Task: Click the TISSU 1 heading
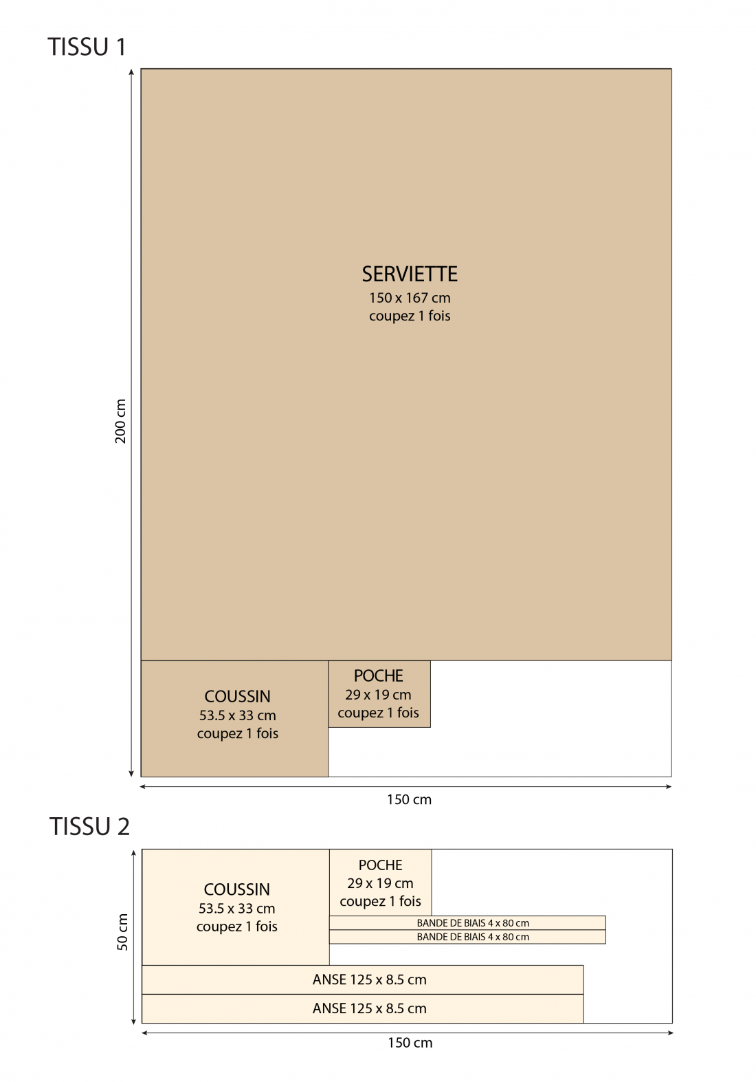(x=87, y=47)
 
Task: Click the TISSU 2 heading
(x=90, y=827)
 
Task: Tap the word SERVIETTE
(x=410, y=274)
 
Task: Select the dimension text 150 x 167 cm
(x=410, y=298)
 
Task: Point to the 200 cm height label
(x=120, y=421)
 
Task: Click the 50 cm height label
(x=122, y=932)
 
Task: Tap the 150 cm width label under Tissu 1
(x=409, y=800)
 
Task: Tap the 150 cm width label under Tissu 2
(x=410, y=1043)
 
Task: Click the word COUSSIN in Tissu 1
(x=238, y=697)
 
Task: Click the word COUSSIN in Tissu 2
(x=236, y=889)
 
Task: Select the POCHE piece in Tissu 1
(x=379, y=694)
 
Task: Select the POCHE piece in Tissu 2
(x=381, y=883)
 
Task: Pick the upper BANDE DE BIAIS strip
(x=467, y=923)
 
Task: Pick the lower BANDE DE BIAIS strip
(x=467, y=937)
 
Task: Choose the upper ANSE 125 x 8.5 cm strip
(x=363, y=980)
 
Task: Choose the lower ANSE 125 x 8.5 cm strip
(x=363, y=1009)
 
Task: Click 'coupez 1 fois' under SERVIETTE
(x=410, y=316)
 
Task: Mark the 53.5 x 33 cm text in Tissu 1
(x=238, y=715)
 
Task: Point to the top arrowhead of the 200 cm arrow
(x=131, y=72)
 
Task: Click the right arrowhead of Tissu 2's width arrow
(x=670, y=1033)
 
